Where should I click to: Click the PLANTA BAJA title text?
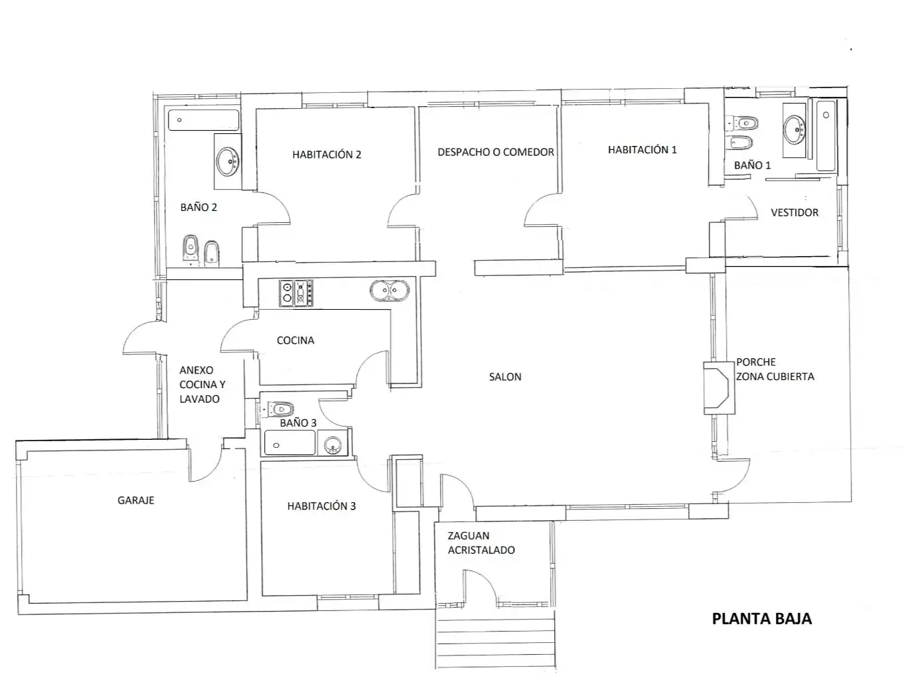click(761, 619)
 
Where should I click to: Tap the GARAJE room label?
click(136, 500)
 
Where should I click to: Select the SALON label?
click(505, 377)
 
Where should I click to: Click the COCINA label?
click(295, 340)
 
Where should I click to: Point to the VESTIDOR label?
click(794, 213)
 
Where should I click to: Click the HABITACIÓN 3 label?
click(321, 506)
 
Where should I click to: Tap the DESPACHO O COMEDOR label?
click(495, 153)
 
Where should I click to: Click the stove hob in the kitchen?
click(296, 293)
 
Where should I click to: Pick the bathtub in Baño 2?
click(204, 120)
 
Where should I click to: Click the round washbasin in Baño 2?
click(227, 161)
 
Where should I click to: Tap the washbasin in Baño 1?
click(794, 129)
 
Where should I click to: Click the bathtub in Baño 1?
click(825, 135)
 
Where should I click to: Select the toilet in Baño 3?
click(278, 409)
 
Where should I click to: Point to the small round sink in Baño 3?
click(333, 445)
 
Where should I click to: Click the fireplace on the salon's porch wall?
click(719, 388)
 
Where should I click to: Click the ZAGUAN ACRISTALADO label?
click(481, 543)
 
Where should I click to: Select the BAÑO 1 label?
click(752, 165)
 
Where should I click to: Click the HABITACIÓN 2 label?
click(327, 155)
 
